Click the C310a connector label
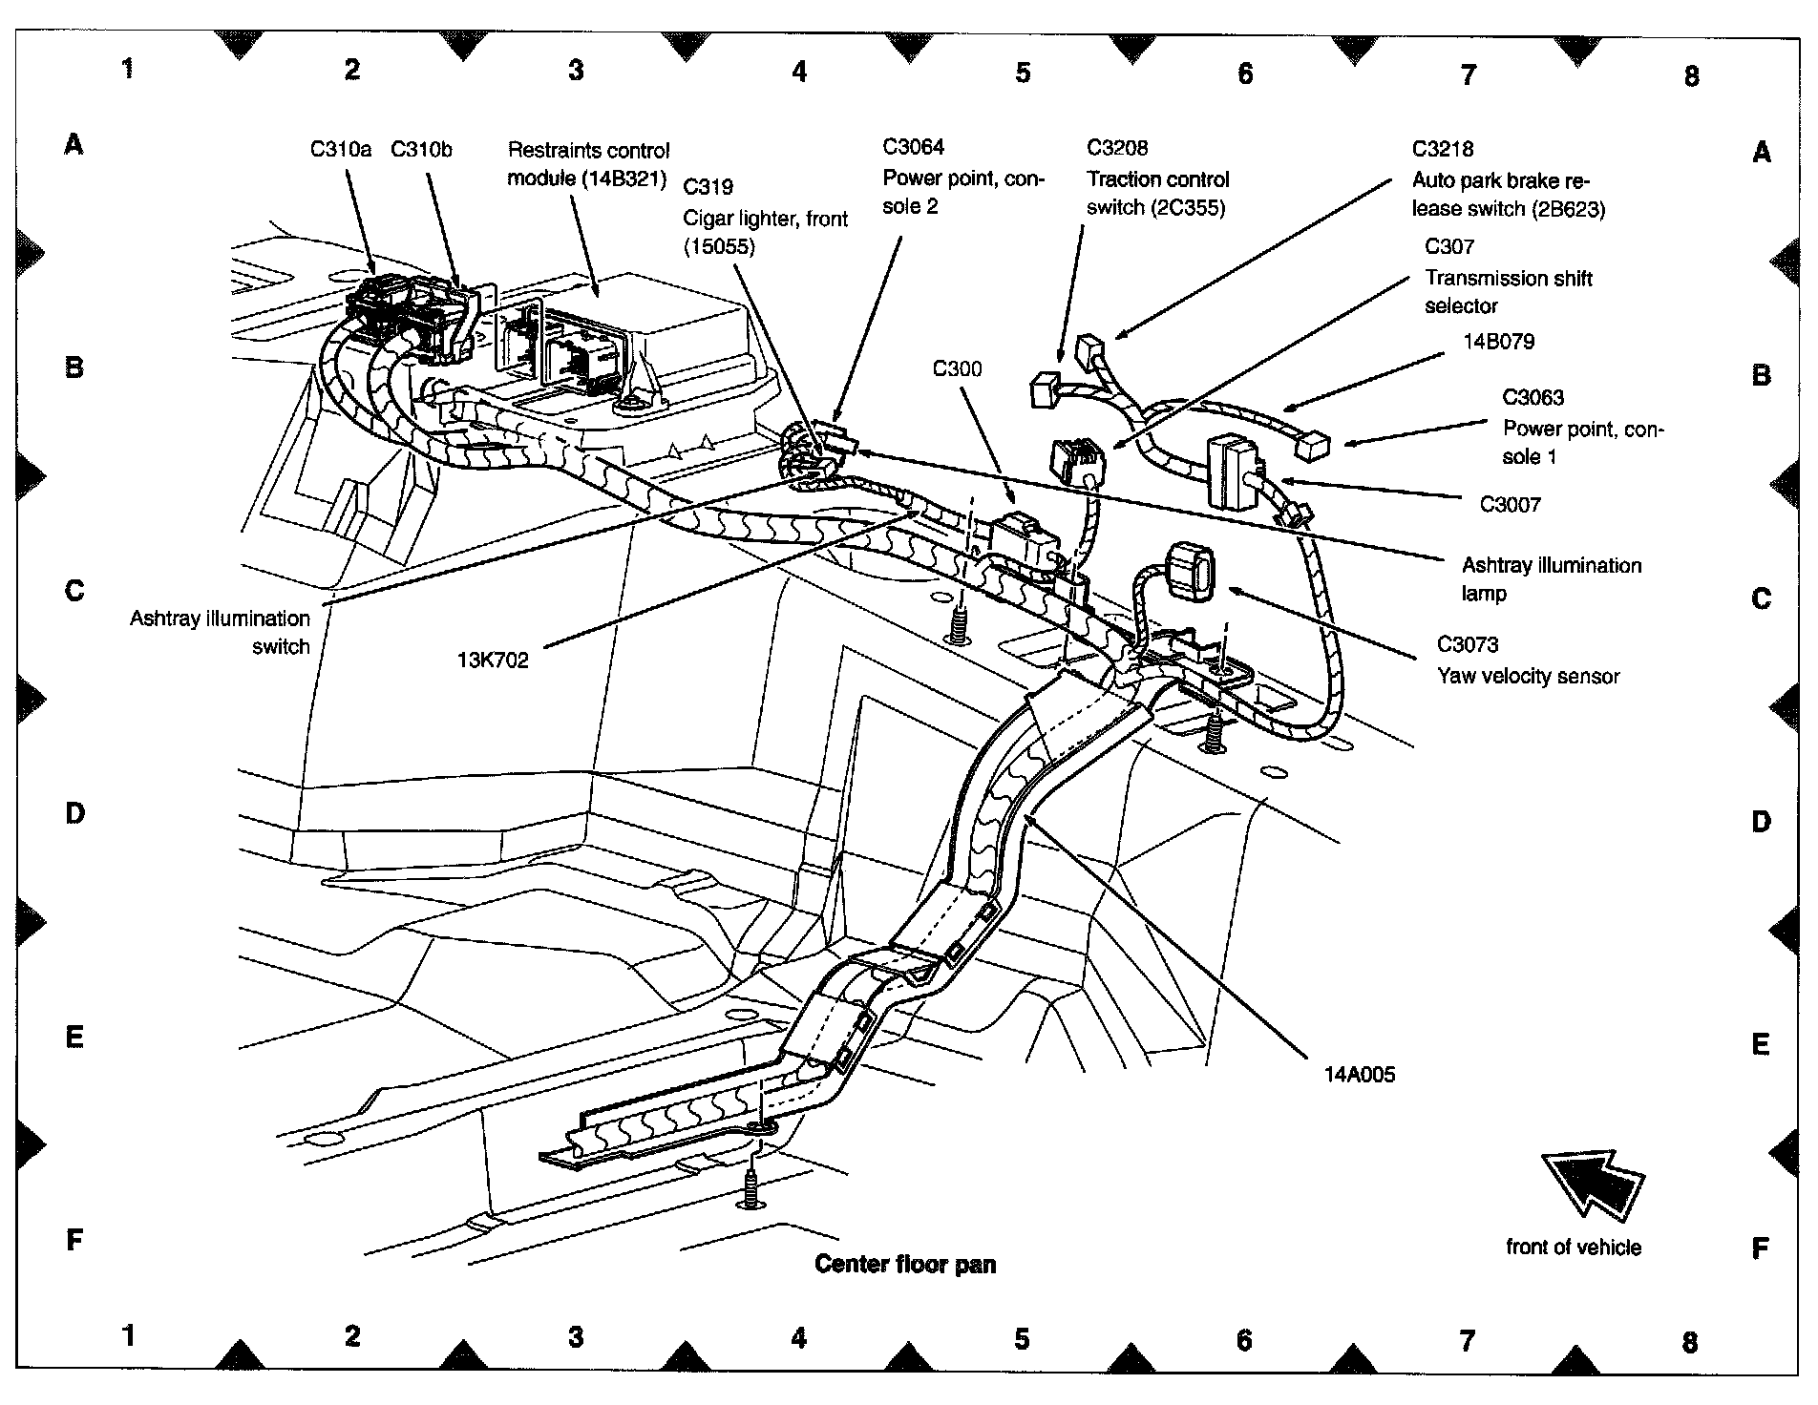pyautogui.click(x=340, y=149)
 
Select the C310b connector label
pyautogui.click(x=421, y=149)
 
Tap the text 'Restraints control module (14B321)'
pyautogui.click(x=588, y=163)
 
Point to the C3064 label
pyautogui.click(x=913, y=146)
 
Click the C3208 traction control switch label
pyautogui.click(x=1156, y=178)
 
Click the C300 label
pyautogui.click(x=957, y=368)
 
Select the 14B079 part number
pyautogui.click(x=1498, y=342)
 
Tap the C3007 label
pyautogui.click(x=1510, y=504)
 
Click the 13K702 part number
pyautogui.click(x=493, y=661)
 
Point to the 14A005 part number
pyautogui.click(x=1359, y=1075)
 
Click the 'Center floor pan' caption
pyautogui.click(x=904, y=1265)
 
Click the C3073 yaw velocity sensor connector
pyautogui.click(x=1187, y=570)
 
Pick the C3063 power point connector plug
pyautogui.click(x=1314, y=443)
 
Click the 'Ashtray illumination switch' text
pyautogui.click(x=221, y=632)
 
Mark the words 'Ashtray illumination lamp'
pyautogui.click(x=1551, y=578)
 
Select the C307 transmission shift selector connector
pyautogui.click(x=1077, y=462)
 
